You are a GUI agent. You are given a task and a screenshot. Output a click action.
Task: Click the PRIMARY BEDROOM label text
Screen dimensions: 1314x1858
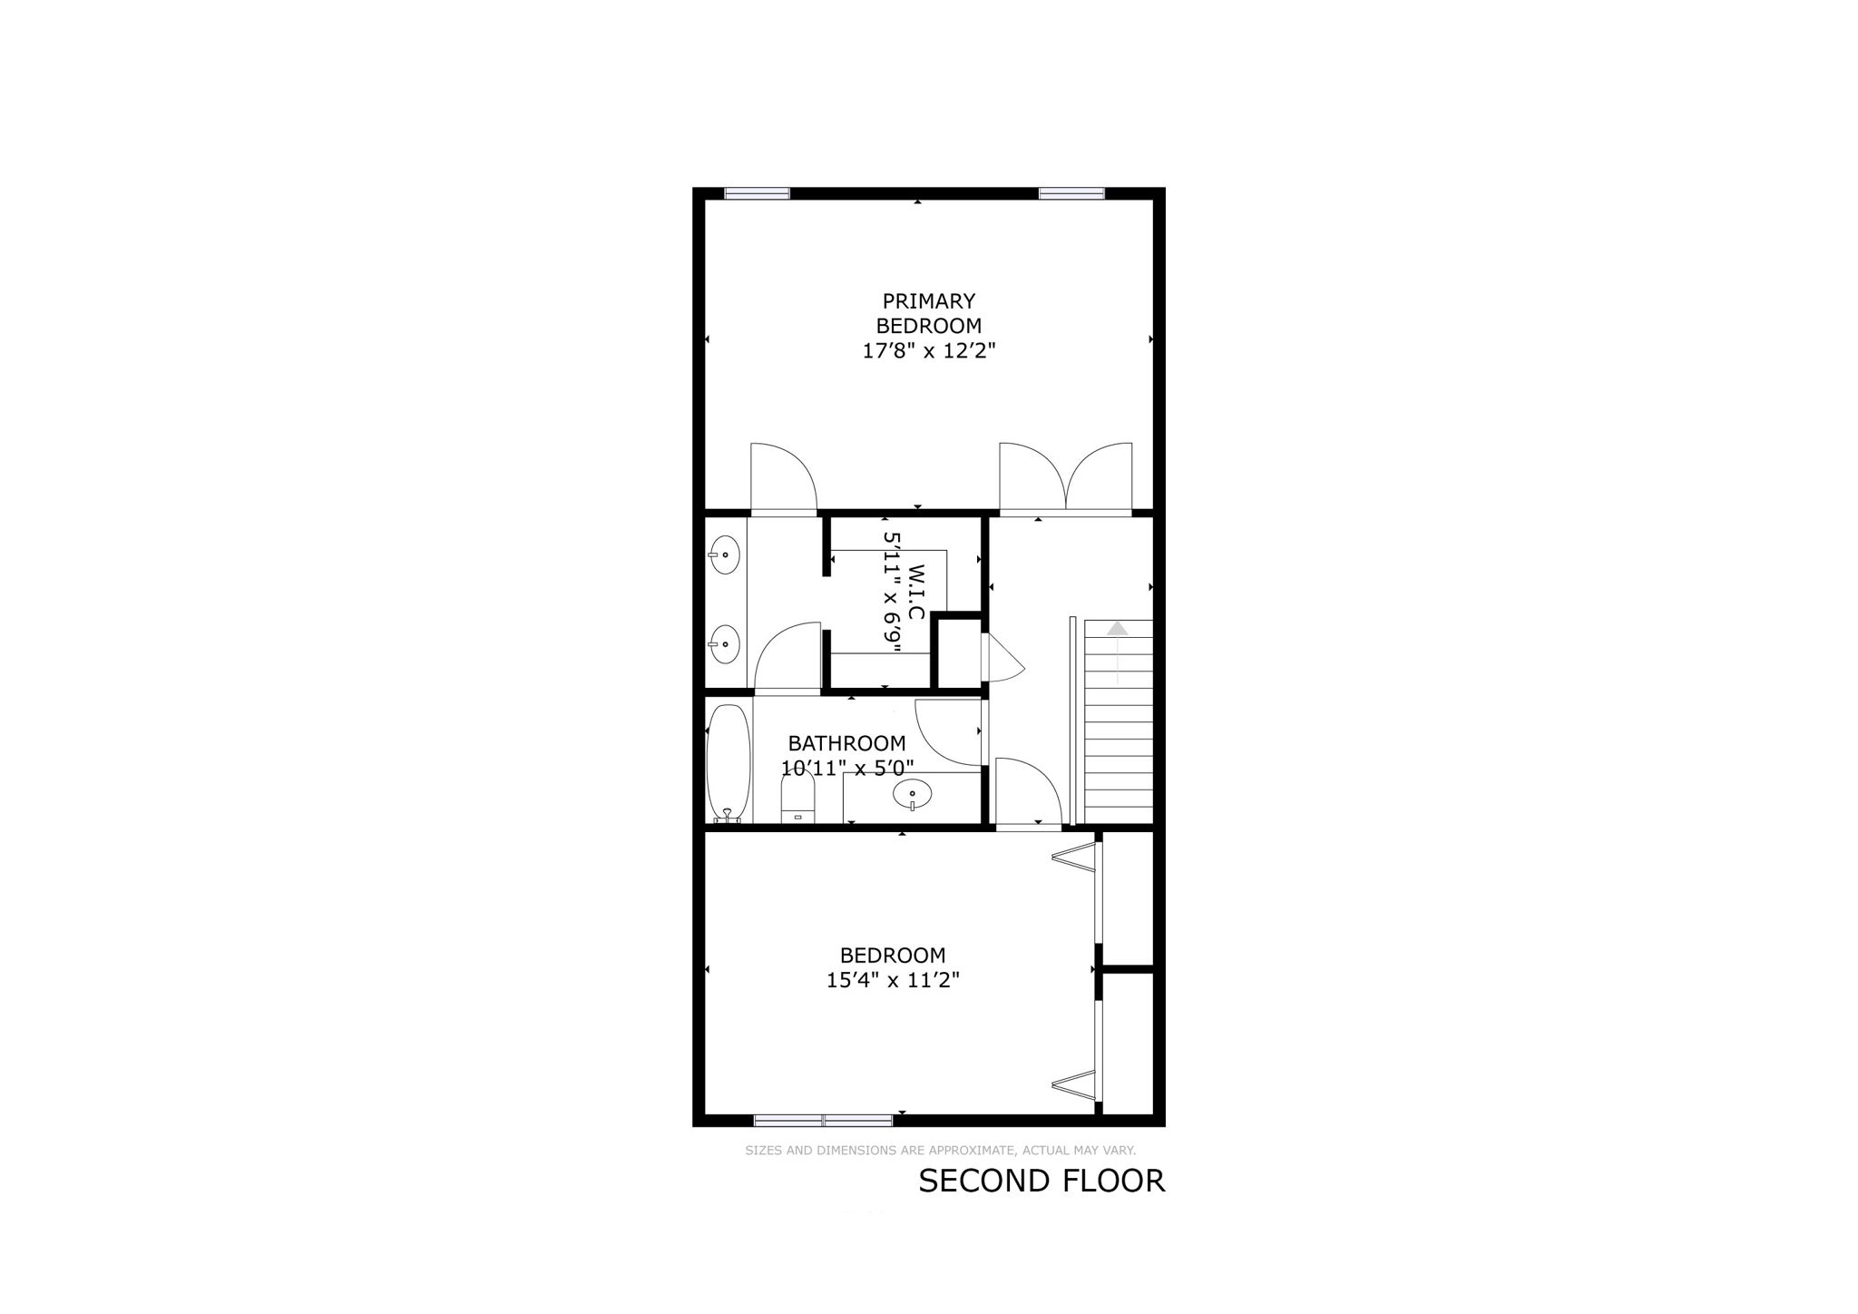click(928, 313)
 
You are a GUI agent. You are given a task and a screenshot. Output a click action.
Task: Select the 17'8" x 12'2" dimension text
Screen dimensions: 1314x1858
click(928, 351)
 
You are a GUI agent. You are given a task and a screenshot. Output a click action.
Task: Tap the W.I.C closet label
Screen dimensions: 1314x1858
click(916, 593)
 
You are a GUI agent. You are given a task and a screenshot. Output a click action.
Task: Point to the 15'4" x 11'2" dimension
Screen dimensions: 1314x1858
click(893, 980)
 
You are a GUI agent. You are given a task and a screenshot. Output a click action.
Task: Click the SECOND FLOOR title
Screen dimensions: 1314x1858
click(1041, 1181)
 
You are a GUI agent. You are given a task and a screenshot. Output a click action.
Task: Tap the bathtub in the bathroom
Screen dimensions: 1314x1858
click(729, 763)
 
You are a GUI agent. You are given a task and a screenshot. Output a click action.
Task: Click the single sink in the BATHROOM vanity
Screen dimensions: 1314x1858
click(912, 796)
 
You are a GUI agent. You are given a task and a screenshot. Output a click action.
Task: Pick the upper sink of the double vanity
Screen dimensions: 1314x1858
click(724, 554)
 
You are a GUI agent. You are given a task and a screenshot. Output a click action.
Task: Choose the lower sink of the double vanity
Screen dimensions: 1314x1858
click(724, 643)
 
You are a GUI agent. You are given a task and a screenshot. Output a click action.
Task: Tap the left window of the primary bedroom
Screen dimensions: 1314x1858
click(757, 193)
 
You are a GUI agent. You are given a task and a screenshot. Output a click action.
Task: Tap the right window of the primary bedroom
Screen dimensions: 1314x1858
click(1071, 193)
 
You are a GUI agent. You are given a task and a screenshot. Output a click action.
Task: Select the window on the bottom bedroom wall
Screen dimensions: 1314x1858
click(823, 1120)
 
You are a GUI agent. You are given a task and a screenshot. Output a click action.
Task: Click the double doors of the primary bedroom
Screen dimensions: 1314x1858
click(1066, 479)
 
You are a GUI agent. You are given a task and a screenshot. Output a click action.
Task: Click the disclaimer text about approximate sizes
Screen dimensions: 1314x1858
click(940, 1151)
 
